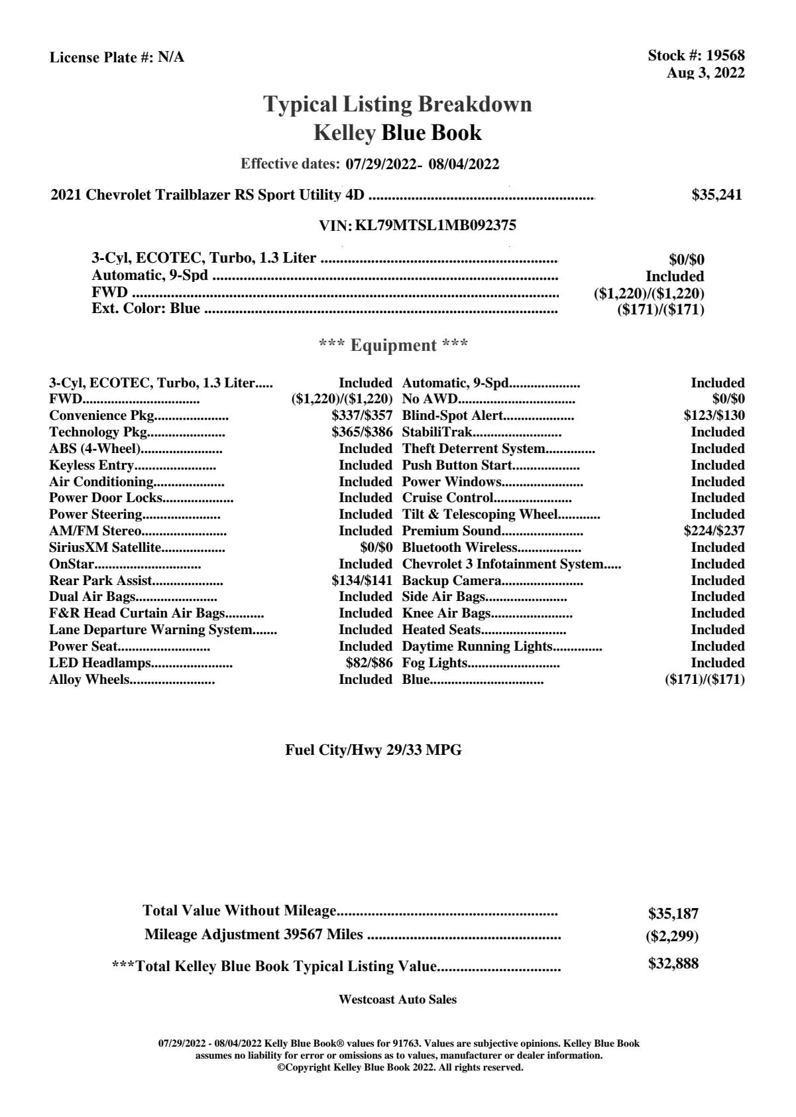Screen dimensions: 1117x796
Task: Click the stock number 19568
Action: click(x=725, y=56)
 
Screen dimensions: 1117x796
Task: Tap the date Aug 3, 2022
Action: click(x=705, y=73)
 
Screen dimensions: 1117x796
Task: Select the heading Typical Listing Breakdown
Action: click(x=398, y=104)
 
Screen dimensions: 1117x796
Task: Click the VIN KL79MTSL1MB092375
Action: click(x=435, y=226)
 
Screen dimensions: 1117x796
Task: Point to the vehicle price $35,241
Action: click(x=716, y=195)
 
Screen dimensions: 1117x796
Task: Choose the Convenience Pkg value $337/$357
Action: click(x=362, y=416)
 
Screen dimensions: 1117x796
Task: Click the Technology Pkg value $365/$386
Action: click(x=362, y=432)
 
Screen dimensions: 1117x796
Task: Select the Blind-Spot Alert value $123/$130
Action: click(x=714, y=416)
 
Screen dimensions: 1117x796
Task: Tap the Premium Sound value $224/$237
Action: click(x=714, y=531)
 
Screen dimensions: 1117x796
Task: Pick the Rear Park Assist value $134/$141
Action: click(x=362, y=581)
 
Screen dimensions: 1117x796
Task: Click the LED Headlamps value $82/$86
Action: click(x=369, y=663)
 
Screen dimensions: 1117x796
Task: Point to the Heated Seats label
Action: click(x=441, y=630)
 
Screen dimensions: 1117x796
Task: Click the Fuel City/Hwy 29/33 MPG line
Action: click(x=373, y=750)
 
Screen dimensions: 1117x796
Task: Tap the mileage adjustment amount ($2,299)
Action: click(x=672, y=937)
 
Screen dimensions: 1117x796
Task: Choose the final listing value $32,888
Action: click(x=673, y=964)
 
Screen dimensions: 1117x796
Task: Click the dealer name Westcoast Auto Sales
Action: click(x=397, y=1000)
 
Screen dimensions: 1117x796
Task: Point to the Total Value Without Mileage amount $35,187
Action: click(x=673, y=914)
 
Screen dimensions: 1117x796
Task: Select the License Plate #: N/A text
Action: click(x=117, y=58)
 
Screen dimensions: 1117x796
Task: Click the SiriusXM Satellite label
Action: click(x=105, y=548)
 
